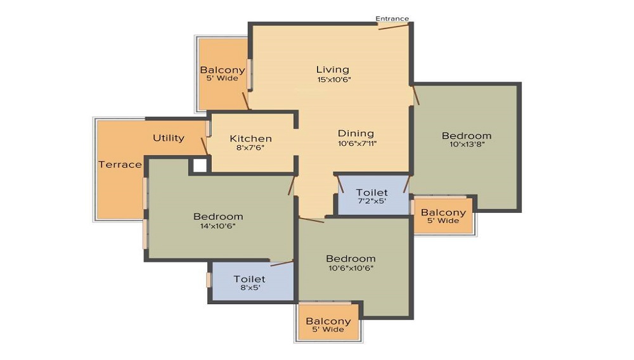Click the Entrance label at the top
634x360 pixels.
point(392,18)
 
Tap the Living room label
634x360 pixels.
point(332,70)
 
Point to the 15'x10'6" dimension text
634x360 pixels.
point(333,80)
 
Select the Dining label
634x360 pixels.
point(356,133)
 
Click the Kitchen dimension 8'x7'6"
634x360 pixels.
point(250,148)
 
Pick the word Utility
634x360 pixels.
point(169,138)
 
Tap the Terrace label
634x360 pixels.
point(120,164)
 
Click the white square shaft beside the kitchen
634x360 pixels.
point(199,165)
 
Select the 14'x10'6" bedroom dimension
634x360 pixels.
point(217,226)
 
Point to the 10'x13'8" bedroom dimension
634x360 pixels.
point(467,145)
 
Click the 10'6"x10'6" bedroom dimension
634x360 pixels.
point(351,268)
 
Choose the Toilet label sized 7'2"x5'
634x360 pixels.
point(372,192)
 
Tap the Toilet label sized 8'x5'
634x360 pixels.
point(249,279)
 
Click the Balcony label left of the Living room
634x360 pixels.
point(223,70)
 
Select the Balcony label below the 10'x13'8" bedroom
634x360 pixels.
point(443,212)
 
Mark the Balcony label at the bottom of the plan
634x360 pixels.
point(328,321)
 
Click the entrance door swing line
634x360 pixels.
point(393,27)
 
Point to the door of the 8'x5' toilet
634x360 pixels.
point(282,264)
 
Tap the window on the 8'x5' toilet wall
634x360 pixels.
point(209,280)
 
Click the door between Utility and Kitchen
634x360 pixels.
point(205,146)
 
